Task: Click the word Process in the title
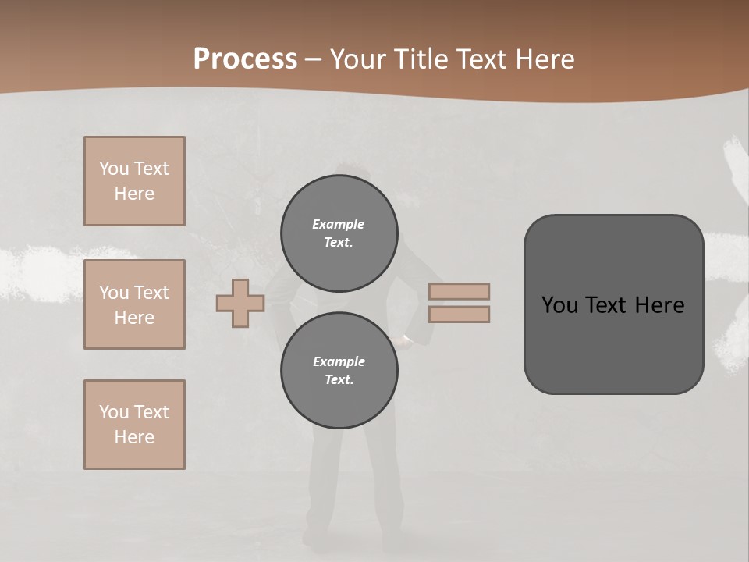coord(245,59)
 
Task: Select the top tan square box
coord(134,181)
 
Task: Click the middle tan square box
coord(134,304)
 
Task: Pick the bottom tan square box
coord(134,425)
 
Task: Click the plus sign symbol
coord(240,303)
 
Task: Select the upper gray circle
coord(339,233)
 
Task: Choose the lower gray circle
coord(339,370)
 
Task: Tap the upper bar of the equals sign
coord(459,292)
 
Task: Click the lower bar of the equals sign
coord(459,314)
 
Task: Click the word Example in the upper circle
coord(339,224)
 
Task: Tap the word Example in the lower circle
coord(339,361)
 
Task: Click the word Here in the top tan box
coord(134,194)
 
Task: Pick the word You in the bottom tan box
coord(114,412)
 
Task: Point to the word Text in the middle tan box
coord(151,293)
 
